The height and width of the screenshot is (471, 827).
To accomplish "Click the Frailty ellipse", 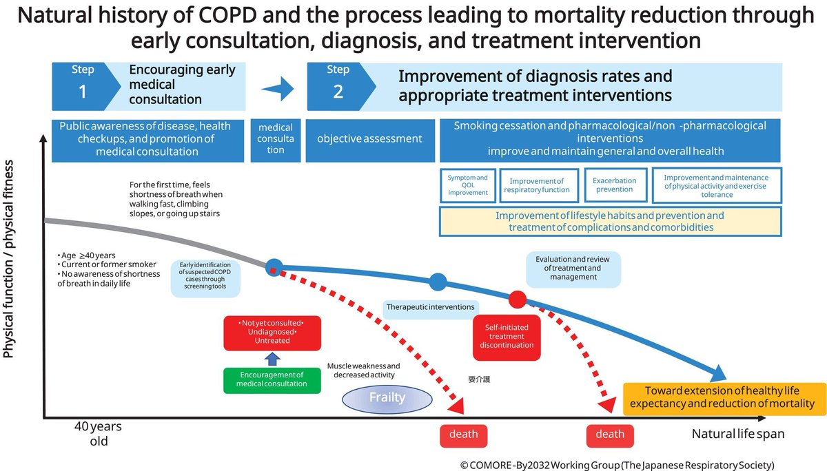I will [387, 397].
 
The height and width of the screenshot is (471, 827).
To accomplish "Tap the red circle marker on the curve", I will [518, 300].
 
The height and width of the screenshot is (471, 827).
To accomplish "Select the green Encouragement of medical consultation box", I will [272, 379].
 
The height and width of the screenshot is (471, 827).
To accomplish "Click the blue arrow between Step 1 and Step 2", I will [277, 88].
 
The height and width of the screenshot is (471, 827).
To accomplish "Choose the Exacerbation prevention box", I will [615, 186].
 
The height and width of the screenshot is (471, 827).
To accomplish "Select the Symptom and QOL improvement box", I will [467, 186].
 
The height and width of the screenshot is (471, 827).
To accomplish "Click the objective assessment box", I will [369, 139].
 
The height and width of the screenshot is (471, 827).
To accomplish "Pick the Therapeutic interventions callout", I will [431, 306].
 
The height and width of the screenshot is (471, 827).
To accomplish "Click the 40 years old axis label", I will [99, 434].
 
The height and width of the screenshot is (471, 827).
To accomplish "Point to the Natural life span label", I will [738, 435].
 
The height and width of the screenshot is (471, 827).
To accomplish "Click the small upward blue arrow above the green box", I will [272, 358].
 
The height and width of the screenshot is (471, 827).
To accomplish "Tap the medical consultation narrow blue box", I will [276, 139].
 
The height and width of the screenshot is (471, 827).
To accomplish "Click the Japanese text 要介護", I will [478, 379].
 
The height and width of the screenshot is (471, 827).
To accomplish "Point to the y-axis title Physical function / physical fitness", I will [10, 258].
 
